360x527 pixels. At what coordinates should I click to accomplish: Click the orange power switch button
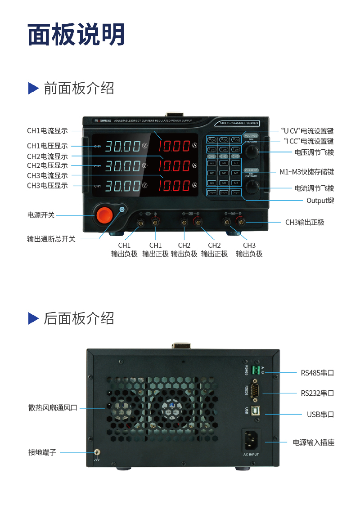click(x=103, y=215)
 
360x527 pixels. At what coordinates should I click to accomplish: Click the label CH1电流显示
click(x=47, y=131)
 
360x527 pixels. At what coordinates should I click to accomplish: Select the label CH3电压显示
click(x=47, y=185)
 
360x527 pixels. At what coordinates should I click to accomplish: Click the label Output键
click(x=320, y=200)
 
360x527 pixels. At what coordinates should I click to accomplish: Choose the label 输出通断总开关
click(x=51, y=239)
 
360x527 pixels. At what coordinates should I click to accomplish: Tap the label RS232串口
click(x=317, y=393)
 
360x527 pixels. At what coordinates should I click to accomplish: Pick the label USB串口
click(x=320, y=414)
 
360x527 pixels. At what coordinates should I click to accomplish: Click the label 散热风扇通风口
click(x=53, y=408)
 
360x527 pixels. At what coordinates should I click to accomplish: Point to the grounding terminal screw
click(x=96, y=453)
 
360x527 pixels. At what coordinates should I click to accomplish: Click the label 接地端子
click(x=42, y=452)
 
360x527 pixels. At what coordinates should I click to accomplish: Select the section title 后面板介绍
click(x=79, y=318)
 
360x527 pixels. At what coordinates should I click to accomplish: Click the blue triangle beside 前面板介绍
click(x=33, y=88)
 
